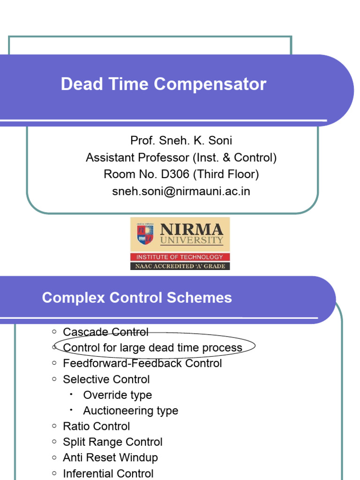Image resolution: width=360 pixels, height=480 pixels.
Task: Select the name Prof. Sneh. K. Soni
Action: point(181,141)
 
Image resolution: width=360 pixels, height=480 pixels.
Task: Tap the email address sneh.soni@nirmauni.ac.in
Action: point(181,191)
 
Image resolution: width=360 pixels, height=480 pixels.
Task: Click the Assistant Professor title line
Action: point(181,157)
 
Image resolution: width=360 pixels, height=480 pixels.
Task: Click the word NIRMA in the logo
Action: point(192,230)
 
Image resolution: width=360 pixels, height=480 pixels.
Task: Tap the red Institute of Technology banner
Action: point(180,257)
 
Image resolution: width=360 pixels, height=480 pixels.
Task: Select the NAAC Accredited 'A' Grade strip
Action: point(180,266)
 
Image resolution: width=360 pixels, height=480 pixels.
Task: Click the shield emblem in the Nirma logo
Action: point(145,234)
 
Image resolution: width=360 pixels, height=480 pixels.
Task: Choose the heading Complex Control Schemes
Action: point(137,298)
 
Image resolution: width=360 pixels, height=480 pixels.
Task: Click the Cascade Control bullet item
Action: point(105,332)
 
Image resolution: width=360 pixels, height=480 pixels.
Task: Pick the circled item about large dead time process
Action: point(152,347)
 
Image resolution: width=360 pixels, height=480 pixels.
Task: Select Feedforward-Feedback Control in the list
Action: point(142,363)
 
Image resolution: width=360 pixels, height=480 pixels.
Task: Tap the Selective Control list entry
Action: point(106,379)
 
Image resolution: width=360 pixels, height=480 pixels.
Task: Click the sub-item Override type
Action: point(117,395)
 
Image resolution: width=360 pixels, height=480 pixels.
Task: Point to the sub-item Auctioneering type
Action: point(130,411)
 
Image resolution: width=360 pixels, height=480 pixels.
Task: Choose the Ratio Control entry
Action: point(97,426)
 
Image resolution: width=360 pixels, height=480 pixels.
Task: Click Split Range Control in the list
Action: point(112,442)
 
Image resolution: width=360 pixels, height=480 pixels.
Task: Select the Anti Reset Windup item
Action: point(110,457)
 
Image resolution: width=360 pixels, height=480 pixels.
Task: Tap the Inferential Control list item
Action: point(108,473)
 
